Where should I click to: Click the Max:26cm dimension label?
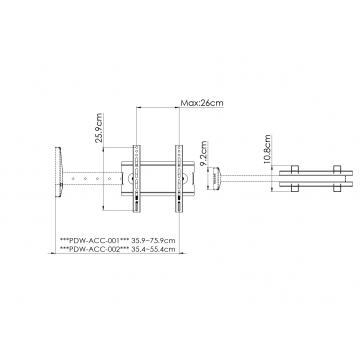202,103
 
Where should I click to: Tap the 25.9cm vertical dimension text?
99,128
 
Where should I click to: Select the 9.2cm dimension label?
204,152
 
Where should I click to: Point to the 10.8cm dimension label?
267,149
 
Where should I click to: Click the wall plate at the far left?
59,172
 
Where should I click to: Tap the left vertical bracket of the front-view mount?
137,179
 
